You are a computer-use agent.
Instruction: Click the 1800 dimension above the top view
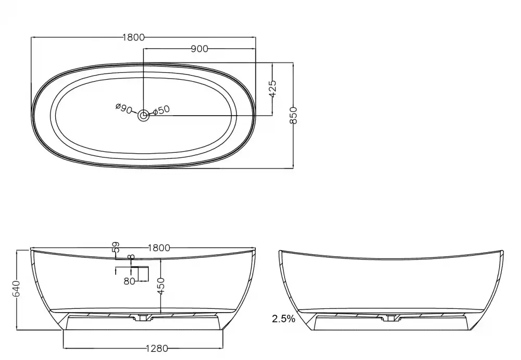tap(133, 37)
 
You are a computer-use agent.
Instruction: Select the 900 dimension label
tap(200, 49)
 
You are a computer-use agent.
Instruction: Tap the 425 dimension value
tap(272, 89)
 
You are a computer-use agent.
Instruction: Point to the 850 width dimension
tap(293, 115)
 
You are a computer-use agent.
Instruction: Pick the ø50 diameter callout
tap(162, 110)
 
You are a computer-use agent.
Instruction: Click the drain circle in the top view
tap(144, 116)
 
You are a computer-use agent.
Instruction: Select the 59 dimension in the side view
tap(116, 246)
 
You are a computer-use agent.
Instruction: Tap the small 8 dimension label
tap(132, 257)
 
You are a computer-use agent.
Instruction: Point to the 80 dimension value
tap(129, 281)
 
